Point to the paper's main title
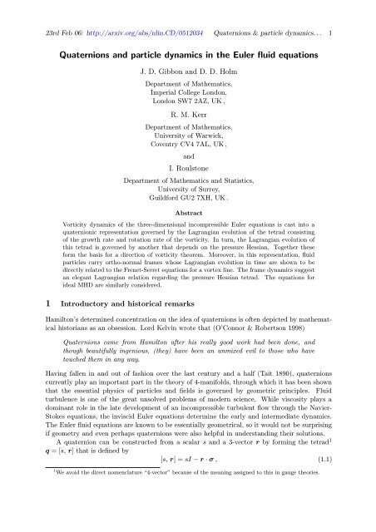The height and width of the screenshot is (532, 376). coord(188,34)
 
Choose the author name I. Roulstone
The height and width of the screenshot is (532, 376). coord(188,166)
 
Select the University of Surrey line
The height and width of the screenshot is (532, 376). coord(188,190)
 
